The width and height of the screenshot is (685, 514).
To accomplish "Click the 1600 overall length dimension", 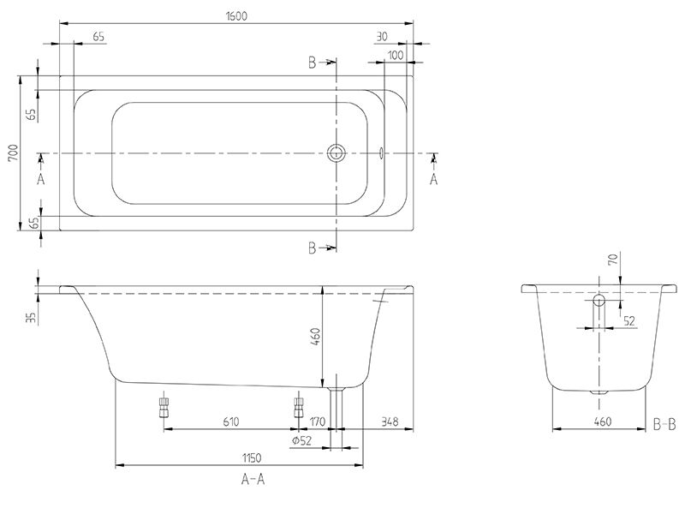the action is [237, 16].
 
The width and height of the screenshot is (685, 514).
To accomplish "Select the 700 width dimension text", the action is [13, 153].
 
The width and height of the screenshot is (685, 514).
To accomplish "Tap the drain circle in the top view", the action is [336, 153].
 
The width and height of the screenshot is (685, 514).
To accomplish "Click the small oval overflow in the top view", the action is [381, 153].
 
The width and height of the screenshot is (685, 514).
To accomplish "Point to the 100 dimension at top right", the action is [396, 55].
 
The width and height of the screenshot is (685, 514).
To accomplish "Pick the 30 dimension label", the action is [381, 37].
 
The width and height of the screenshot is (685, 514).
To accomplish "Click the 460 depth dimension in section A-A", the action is [315, 337].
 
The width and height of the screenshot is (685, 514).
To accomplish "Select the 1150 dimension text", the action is [252, 458].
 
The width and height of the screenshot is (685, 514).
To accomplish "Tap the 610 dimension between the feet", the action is [231, 421].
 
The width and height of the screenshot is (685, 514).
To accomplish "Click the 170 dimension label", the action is [318, 421].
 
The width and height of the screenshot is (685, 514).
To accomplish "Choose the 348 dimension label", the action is [390, 421].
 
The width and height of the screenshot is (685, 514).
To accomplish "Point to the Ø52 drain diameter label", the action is [302, 441].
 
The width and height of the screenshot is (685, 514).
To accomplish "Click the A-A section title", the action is [253, 480].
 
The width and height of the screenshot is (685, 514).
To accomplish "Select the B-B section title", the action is [664, 424].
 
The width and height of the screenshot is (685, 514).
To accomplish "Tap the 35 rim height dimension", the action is [31, 317].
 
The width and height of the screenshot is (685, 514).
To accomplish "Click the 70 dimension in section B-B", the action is [614, 260].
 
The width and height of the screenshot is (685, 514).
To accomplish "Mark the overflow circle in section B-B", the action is [599, 300].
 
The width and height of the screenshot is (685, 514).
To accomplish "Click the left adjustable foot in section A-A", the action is [164, 408].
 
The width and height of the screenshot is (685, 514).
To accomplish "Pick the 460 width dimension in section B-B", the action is [603, 421].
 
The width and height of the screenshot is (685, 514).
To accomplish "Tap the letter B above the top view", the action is [312, 63].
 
